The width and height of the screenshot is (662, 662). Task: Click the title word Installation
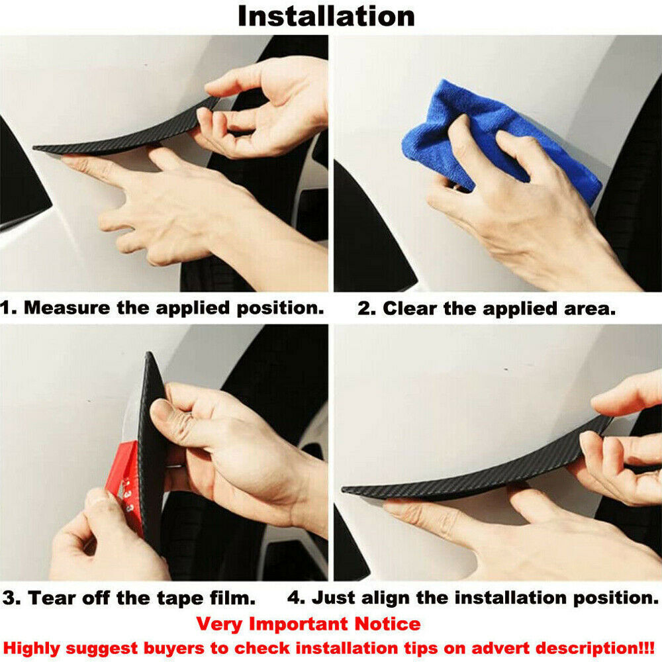[x=326, y=17]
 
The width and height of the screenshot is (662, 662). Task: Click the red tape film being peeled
[x=125, y=485]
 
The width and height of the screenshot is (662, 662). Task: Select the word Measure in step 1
[x=68, y=308]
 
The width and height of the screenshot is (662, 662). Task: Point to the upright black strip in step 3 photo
[x=152, y=448]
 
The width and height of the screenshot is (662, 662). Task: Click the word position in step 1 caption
[x=279, y=308]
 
